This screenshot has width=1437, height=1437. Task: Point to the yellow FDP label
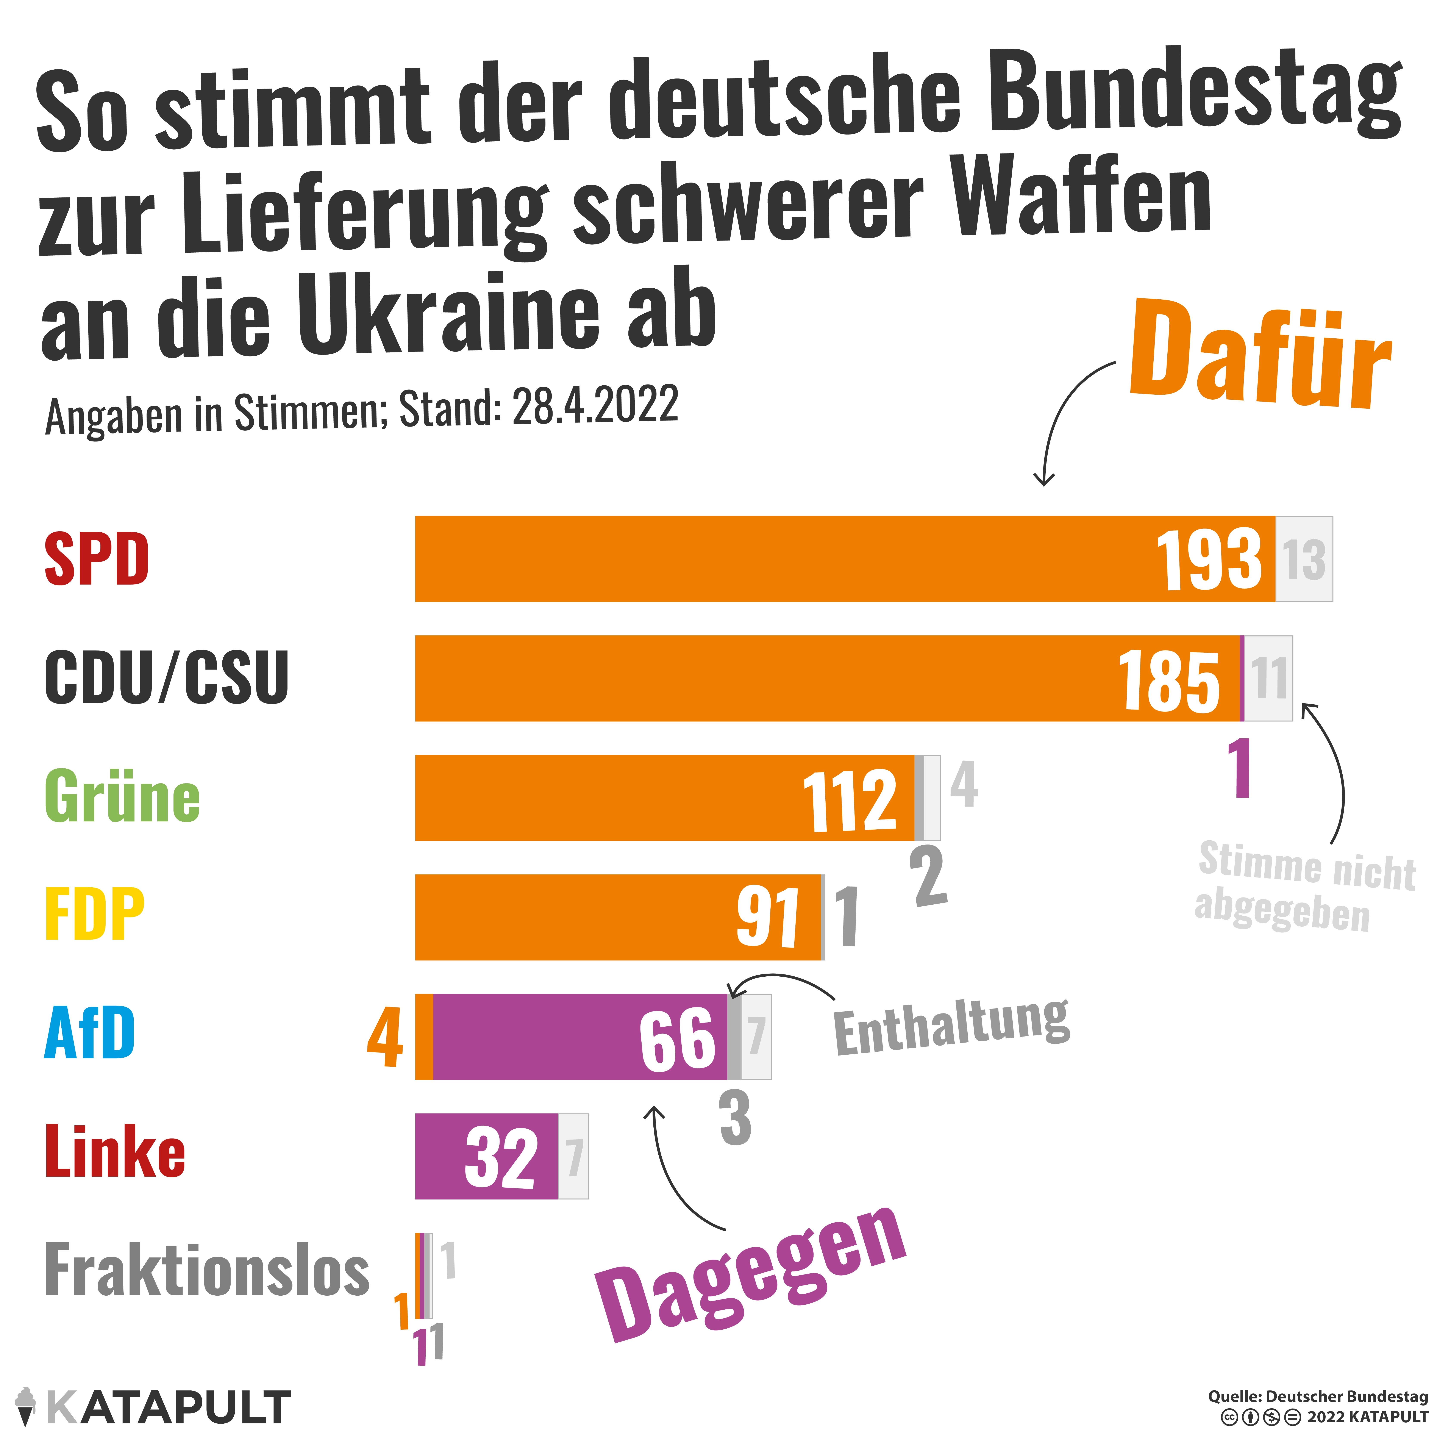pyautogui.click(x=94, y=915)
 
